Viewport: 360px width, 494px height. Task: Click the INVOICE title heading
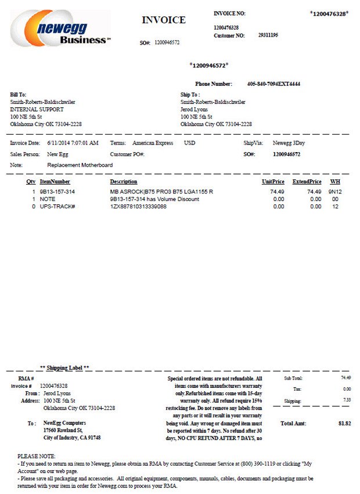pos(164,20)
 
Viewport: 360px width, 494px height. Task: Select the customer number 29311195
pos(268,35)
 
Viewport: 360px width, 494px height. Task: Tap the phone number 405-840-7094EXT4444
pos(273,84)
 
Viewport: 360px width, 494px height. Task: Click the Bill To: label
pos(18,94)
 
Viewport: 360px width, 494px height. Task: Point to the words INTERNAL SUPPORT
pos(37,109)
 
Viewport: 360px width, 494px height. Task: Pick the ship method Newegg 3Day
pos(290,143)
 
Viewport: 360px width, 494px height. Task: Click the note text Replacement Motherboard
pos(80,165)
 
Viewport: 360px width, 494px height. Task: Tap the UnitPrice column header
pos(273,182)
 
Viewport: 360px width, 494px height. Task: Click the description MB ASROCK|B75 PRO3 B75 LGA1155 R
pos(161,192)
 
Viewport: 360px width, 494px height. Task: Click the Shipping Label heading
pos(64,368)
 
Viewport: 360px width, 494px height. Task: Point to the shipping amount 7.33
pos(347,400)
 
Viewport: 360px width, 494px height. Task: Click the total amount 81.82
pos(345,424)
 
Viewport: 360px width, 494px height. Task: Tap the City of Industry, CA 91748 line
pos(72,438)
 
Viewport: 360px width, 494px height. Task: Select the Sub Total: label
pos(293,378)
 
